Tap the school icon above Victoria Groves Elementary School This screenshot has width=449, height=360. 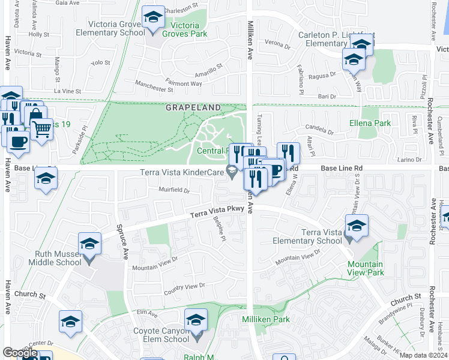pyautogui.click(x=154, y=18)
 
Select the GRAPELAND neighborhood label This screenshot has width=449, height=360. pyautogui.click(x=194, y=107)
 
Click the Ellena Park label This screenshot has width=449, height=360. pyautogui.click(x=370, y=124)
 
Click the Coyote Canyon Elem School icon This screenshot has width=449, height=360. pyautogui.click(x=196, y=321)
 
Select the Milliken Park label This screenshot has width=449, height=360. pyautogui.click(x=266, y=319)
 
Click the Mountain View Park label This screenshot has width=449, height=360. pyautogui.click(x=365, y=268)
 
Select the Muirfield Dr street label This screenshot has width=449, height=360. pyautogui.click(x=173, y=192)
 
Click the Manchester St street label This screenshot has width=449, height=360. pyautogui.click(x=154, y=86)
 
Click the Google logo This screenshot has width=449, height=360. pyautogui.click(x=20, y=353)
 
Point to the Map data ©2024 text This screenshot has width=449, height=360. pyautogui.click(x=423, y=355)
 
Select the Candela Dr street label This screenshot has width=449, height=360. pyautogui.click(x=318, y=129)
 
